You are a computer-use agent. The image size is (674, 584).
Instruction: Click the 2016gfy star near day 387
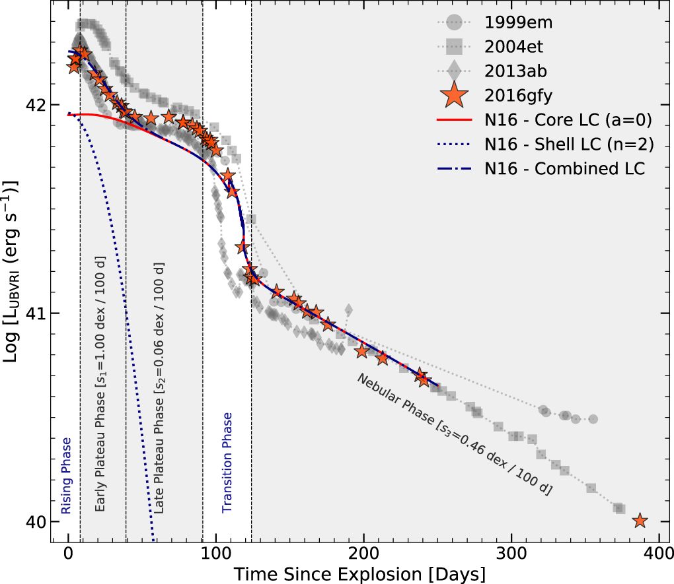point(639,521)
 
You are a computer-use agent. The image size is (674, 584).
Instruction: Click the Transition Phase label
point(227,463)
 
